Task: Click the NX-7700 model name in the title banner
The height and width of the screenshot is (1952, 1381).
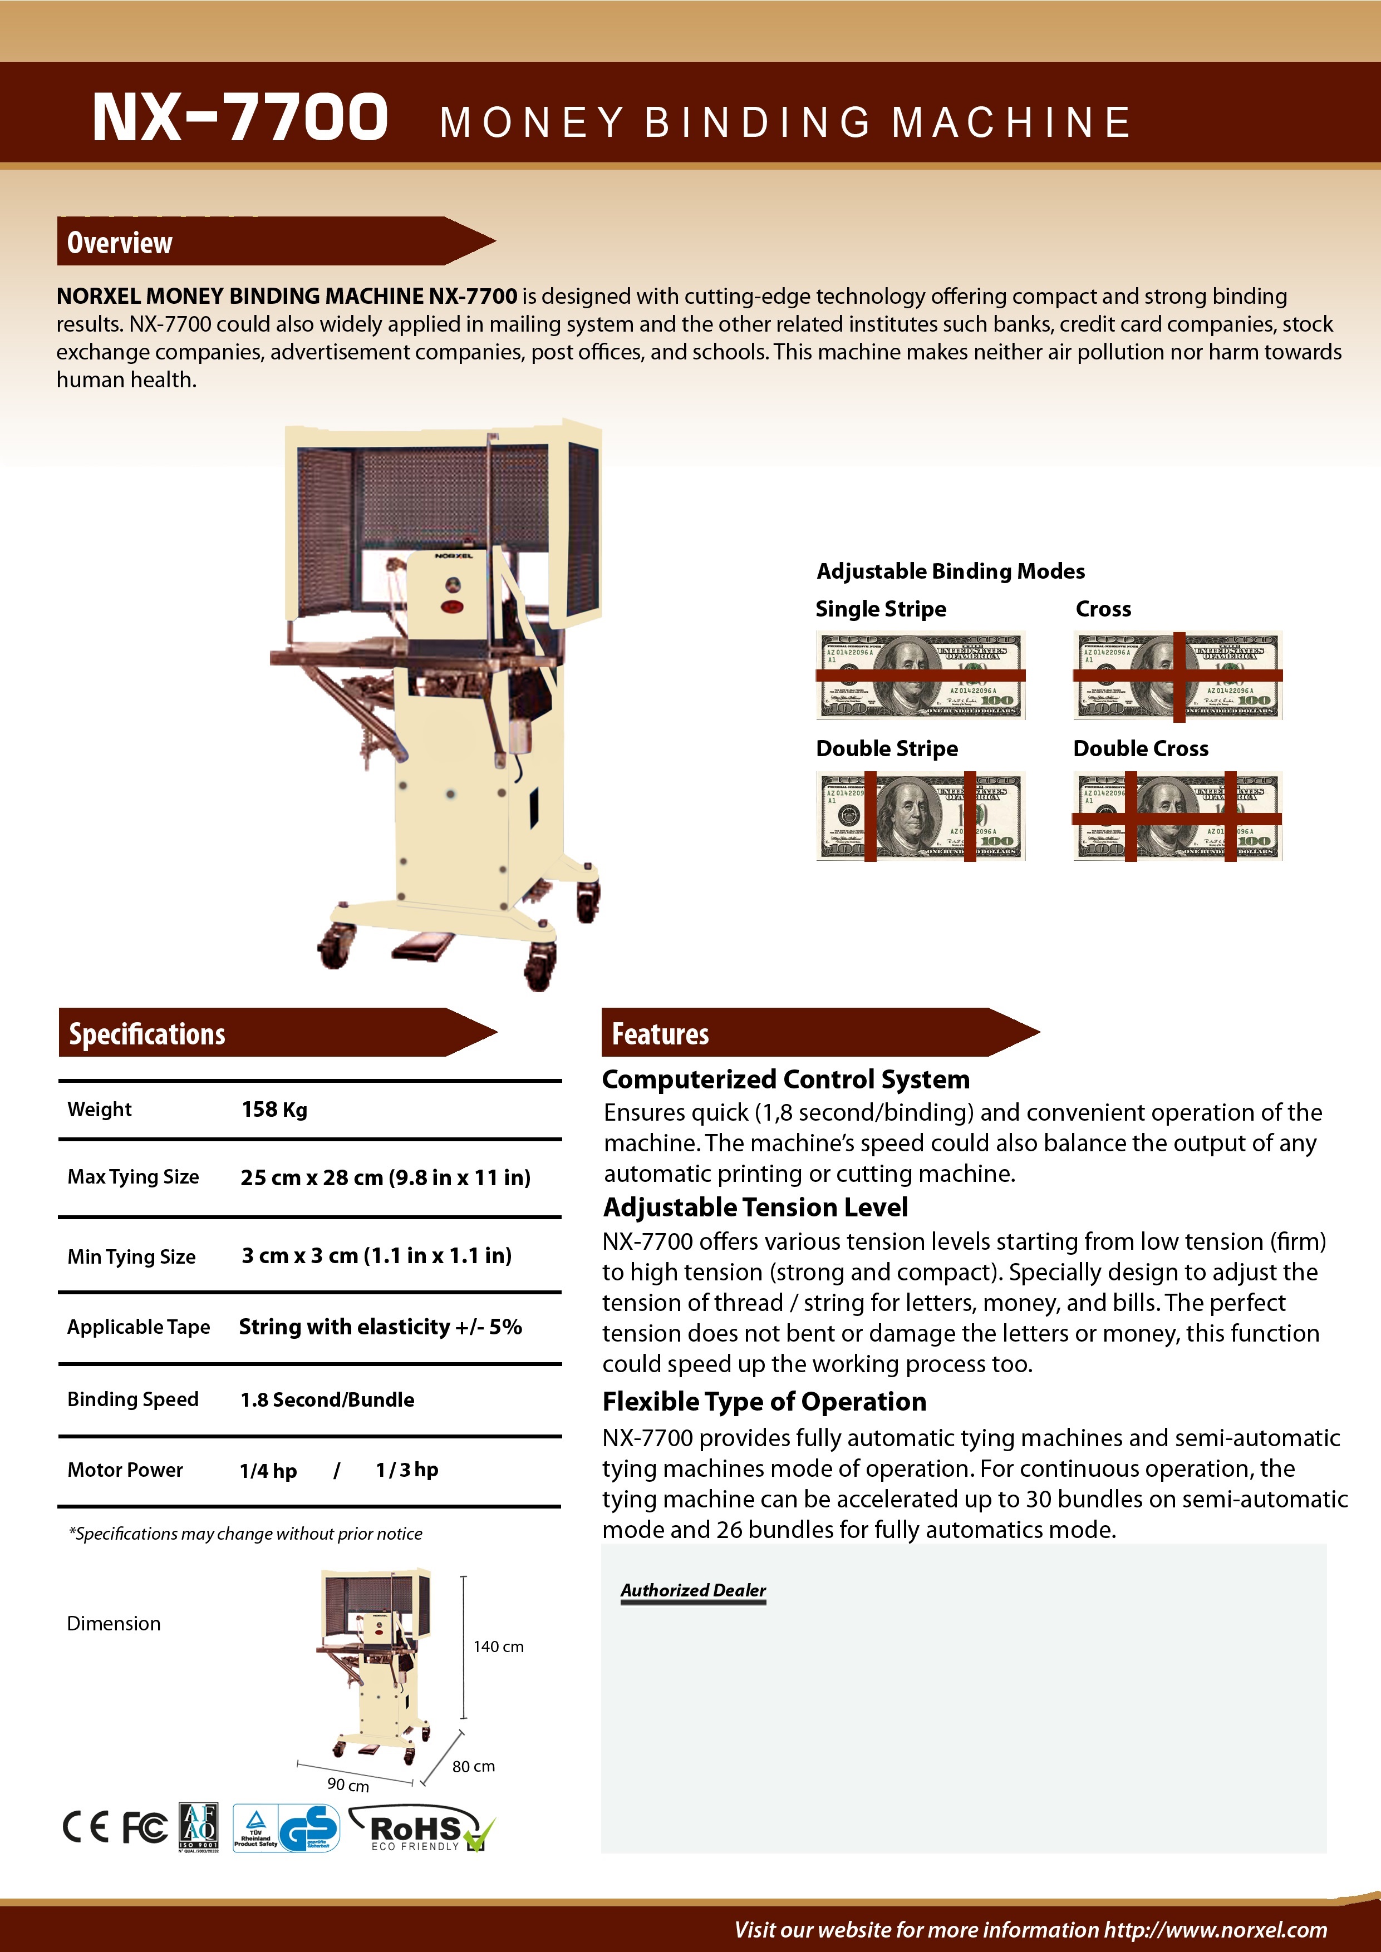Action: tap(240, 117)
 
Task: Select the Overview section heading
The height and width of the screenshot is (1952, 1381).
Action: tap(119, 243)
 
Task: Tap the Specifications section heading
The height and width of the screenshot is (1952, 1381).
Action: tap(146, 1034)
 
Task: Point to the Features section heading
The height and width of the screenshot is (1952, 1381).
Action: tap(660, 1034)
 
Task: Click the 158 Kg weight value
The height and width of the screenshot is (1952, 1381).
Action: tap(274, 1110)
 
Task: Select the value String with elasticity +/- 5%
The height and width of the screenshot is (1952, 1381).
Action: tap(380, 1327)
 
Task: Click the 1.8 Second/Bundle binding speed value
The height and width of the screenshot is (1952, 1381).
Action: tap(327, 1399)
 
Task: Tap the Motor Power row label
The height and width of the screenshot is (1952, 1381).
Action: tap(125, 1470)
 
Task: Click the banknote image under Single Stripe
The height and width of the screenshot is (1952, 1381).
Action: tap(920, 675)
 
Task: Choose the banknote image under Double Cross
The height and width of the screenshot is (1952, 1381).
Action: tap(1177, 816)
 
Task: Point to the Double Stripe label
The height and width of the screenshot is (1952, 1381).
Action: tap(887, 748)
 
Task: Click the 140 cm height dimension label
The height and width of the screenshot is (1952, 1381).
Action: tap(498, 1647)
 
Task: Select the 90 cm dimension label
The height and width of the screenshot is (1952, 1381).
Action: tap(348, 1785)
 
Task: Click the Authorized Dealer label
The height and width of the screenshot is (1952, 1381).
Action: tap(693, 1590)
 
